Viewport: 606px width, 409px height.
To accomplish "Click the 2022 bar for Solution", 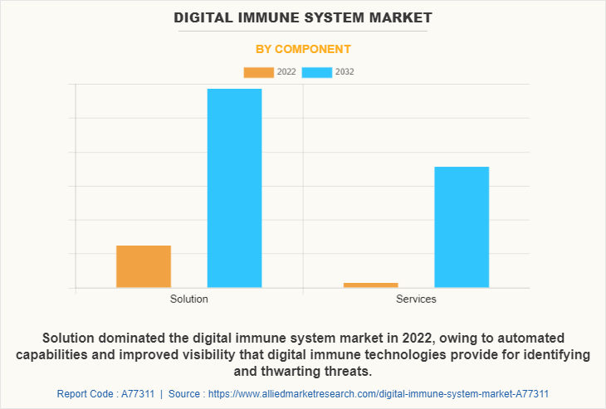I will pyautogui.click(x=144, y=266).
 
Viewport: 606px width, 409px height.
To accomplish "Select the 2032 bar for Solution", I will pyautogui.click(x=234, y=187).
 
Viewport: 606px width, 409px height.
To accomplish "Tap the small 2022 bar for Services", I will pyautogui.click(x=370, y=285).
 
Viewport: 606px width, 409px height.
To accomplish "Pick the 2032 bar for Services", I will pyautogui.click(x=462, y=226).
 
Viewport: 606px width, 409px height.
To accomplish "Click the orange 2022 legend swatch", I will pyautogui.click(x=258, y=72).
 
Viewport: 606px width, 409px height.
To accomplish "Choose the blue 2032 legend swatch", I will pyautogui.click(x=317, y=72).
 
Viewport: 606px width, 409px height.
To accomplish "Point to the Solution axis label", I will pyautogui.click(x=188, y=299).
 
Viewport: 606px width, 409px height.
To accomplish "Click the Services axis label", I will pyautogui.click(x=416, y=299).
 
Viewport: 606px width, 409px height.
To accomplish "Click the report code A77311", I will pyautogui.click(x=135, y=393).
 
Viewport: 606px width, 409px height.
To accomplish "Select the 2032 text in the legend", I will pyautogui.click(x=345, y=72).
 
